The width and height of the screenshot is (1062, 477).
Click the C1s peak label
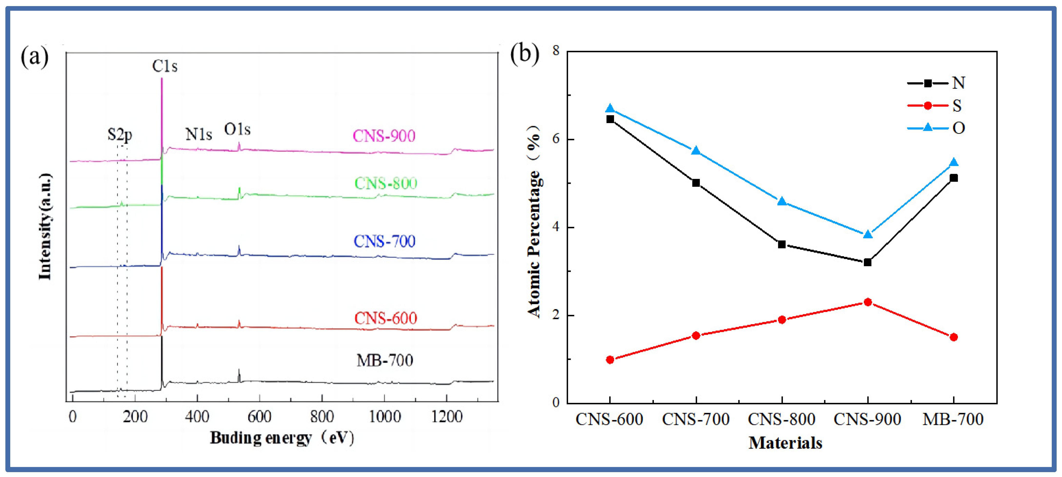click(x=164, y=66)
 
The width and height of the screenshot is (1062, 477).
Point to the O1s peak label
click(x=237, y=129)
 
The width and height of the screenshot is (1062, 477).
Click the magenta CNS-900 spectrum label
click(x=384, y=136)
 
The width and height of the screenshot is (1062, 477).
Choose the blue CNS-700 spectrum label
click(x=384, y=241)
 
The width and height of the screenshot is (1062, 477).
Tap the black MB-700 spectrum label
click(x=385, y=360)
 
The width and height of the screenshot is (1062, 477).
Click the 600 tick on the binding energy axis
click(x=259, y=417)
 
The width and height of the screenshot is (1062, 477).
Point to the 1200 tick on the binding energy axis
click(x=446, y=417)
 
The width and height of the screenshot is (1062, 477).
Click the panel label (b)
click(x=524, y=54)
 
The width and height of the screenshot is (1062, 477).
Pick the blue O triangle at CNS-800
click(x=782, y=201)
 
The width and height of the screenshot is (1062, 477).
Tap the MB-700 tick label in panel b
click(x=953, y=419)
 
